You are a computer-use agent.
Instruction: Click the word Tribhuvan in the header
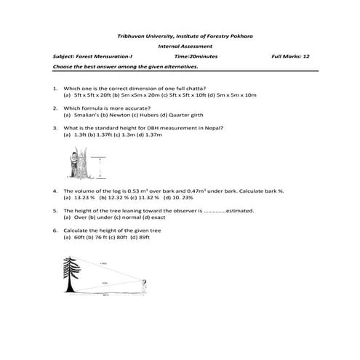pos(132,36)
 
